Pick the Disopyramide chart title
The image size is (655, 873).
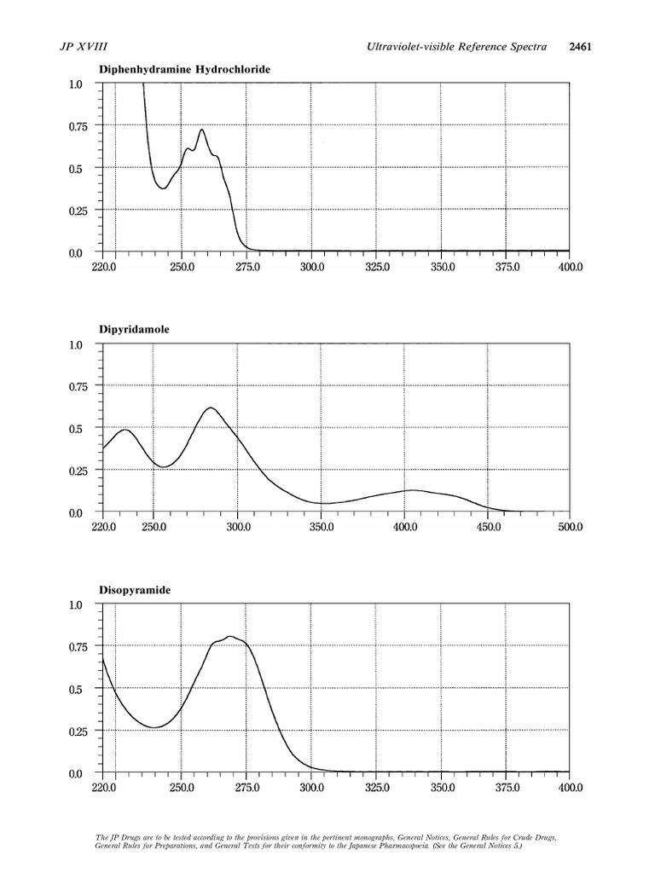(134, 589)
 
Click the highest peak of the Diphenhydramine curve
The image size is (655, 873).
(201, 130)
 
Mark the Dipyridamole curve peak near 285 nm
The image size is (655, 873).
(211, 408)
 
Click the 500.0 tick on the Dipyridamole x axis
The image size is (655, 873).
(569, 527)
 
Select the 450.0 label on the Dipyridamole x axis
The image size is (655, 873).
(486, 527)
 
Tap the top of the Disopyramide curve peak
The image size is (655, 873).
(229, 636)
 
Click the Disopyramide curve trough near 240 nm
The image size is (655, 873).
(154, 727)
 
